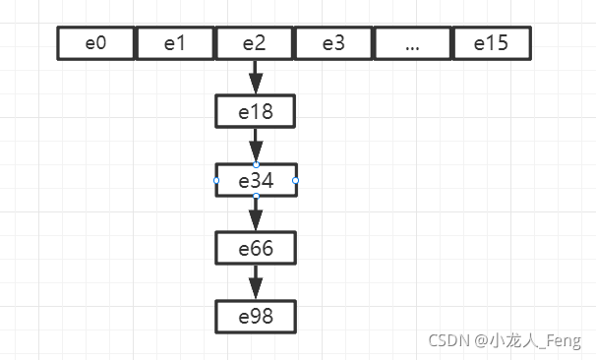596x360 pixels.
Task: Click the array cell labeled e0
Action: click(96, 43)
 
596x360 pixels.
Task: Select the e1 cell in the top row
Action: click(175, 43)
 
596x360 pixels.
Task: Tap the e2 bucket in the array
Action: click(255, 43)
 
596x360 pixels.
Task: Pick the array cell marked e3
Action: click(334, 43)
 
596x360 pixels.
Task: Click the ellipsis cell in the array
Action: click(413, 43)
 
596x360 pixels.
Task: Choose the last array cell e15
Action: click(492, 43)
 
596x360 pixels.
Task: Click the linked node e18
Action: click(256, 112)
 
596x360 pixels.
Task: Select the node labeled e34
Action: click(256, 181)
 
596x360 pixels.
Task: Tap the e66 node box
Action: click(256, 249)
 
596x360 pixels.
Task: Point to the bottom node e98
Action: click(256, 317)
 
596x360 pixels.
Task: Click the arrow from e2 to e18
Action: click(256, 77)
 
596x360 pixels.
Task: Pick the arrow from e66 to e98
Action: click(256, 282)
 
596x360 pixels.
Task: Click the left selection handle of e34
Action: click(216, 181)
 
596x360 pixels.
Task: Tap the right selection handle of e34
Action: click(295, 181)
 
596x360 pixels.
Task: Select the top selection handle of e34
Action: click(256, 164)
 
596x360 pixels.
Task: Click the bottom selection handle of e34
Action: click(256, 197)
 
